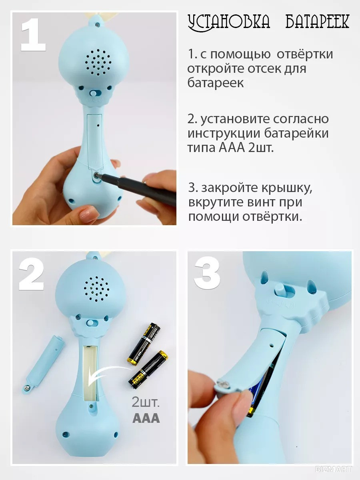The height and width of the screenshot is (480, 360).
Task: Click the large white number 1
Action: coord(33,34)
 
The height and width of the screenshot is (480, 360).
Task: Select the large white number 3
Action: coord(207,272)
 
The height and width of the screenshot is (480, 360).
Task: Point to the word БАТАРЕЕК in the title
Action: coord(317,22)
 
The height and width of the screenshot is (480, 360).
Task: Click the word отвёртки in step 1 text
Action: coord(305,54)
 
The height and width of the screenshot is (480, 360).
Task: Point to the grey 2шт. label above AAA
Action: coord(145,402)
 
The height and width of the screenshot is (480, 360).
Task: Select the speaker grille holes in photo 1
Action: coord(98,62)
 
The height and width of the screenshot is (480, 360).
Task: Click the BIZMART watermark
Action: coord(333,469)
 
